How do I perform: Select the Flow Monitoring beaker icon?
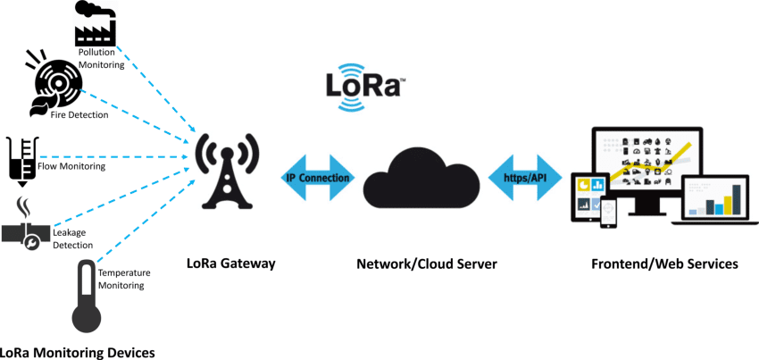(21, 160)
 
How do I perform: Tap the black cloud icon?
(420, 176)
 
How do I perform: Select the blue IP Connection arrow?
(318, 178)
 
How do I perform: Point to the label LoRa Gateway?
(230, 264)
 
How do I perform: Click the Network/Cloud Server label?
(426, 264)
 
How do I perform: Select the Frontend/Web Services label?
(664, 264)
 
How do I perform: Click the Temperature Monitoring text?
(124, 279)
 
